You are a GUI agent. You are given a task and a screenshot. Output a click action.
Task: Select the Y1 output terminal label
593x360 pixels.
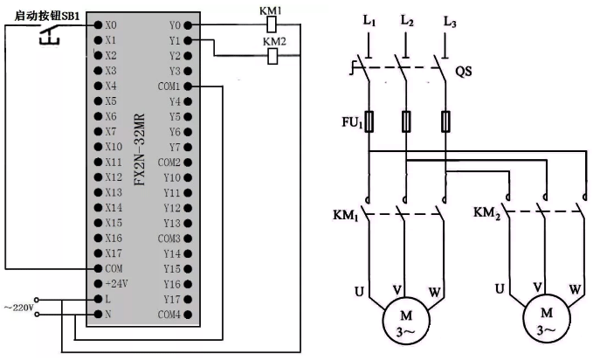173,40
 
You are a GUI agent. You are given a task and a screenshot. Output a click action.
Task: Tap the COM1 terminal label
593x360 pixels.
169,86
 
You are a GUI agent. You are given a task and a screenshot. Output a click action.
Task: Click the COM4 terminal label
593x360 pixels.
169,314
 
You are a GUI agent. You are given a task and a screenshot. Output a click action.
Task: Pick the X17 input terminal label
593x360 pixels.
113,253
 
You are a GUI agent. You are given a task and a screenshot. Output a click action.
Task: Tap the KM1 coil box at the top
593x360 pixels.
271,25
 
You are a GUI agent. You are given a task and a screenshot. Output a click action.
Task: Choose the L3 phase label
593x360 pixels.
451,19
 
